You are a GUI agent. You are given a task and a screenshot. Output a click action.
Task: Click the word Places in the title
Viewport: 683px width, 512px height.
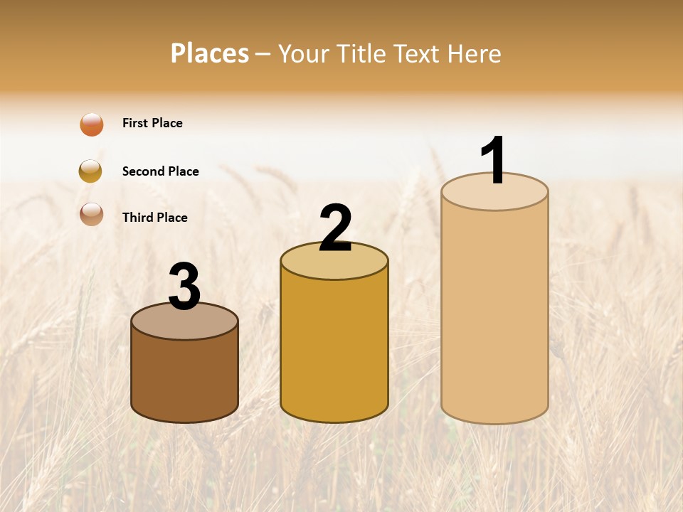(x=210, y=53)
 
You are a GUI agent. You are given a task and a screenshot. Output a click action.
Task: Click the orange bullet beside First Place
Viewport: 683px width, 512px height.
(x=92, y=124)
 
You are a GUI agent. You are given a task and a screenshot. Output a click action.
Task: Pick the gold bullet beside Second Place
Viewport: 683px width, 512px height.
(x=90, y=171)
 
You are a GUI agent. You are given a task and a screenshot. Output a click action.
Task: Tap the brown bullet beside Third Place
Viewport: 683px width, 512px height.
(x=92, y=214)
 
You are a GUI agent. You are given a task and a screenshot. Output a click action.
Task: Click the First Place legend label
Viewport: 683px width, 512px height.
(x=152, y=123)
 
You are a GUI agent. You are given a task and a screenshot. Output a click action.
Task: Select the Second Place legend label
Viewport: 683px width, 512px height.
(x=160, y=171)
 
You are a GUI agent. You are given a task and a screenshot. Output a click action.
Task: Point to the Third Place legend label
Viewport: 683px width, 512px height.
(x=154, y=218)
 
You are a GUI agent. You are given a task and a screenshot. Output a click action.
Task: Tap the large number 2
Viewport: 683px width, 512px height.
(x=335, y=228)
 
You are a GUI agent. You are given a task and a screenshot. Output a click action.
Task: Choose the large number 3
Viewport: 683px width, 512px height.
(x=185, y=287)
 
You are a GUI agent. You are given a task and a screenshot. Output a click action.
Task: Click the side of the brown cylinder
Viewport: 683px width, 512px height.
(x=185, y=377)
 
